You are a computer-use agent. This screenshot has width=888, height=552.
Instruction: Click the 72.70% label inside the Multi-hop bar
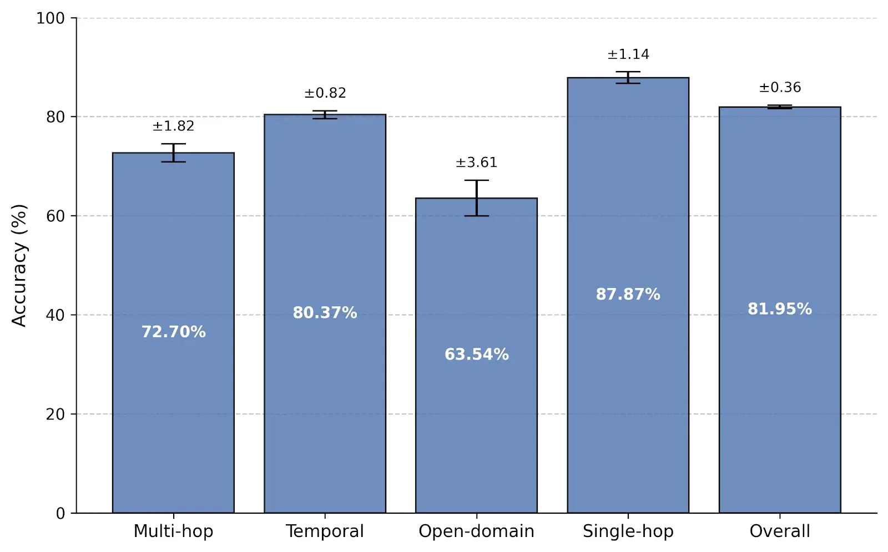coord(173,332)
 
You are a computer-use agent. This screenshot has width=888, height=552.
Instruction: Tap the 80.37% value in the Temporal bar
coord(325,313)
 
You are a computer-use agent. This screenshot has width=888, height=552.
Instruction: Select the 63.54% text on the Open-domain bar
coord(476,355)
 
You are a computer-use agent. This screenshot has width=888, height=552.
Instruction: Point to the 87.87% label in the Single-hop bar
coord(628,294)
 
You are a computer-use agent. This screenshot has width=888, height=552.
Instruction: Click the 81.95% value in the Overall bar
coord(779,309)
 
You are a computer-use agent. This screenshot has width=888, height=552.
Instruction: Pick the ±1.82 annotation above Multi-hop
coord(173,126)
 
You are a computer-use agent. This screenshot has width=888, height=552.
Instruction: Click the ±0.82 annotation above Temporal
coord(325,93)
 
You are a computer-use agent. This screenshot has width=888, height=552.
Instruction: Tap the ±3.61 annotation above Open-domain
coord(476,163)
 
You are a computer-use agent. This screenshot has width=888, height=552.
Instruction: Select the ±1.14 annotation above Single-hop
coord(628,54)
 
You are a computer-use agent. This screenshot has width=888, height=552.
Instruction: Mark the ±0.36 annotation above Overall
coord(779,88)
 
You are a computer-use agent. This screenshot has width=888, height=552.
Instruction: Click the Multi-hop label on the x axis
coord(173,531)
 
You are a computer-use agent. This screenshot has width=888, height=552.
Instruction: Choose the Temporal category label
coord(325,531)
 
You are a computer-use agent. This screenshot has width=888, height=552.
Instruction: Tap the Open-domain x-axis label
coord(476,531)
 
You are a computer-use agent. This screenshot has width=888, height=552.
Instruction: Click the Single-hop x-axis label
coord(628,531)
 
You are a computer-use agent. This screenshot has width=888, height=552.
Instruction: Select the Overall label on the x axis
coord(779,531)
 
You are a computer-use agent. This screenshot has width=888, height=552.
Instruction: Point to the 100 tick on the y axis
coord(51,18)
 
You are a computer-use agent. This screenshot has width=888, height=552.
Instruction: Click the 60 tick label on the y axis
coord(56,216)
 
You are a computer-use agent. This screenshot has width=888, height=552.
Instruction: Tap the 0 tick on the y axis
coord(60,514)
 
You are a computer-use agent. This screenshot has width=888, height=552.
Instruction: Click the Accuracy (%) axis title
coord(19,265)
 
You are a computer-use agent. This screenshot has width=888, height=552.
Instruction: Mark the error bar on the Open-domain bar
coord(476,198)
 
